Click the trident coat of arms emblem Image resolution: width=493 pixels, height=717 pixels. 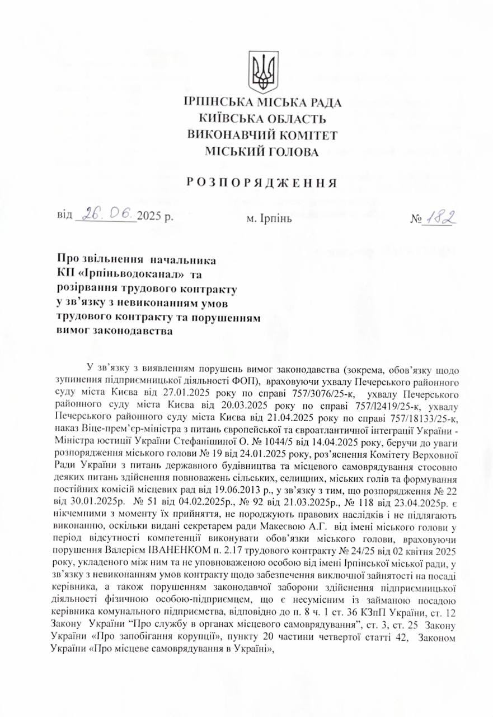263,72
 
